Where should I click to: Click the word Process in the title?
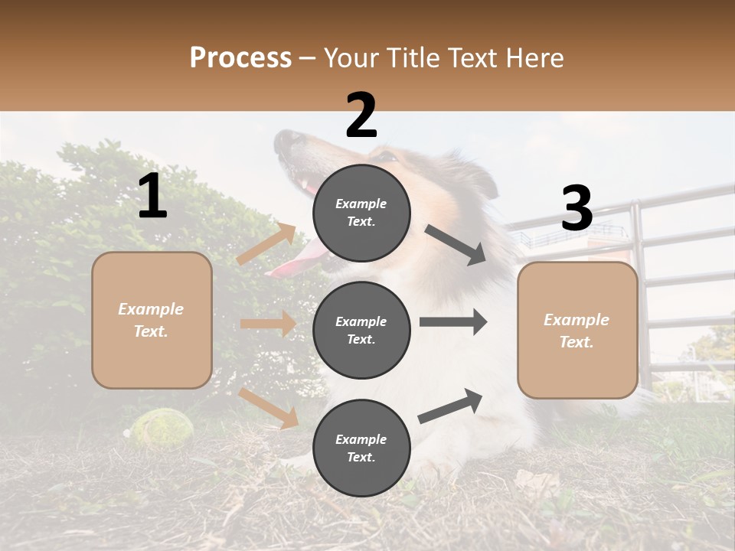(x=240, y=58)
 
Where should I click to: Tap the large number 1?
(x=152, y=197)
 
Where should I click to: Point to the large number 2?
(x=361, y=116)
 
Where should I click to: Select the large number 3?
(x=577, y=209)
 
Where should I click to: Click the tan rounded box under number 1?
(x=152, y=320)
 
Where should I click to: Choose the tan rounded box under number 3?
(x=577, y=331)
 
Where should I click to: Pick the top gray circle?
(x=361, y=213)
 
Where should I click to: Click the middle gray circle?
(x=361, y=330)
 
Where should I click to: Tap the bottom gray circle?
(x=361, y=448)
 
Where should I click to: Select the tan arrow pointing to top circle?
(x=266, y=244)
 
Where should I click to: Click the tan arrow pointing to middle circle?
(x=268, y=324)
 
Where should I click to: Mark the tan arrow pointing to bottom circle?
(x=268, y=408)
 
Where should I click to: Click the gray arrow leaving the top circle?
(x=456, y=245)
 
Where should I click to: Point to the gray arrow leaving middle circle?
(x=452, y=322)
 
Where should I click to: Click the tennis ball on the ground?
(x=159, y=426)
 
